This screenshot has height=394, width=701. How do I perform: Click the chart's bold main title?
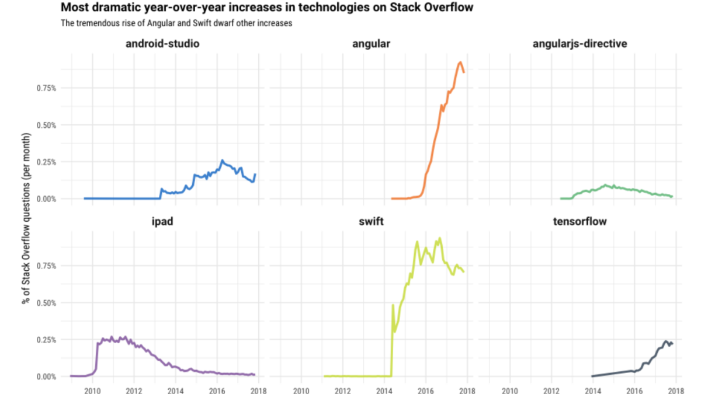266,8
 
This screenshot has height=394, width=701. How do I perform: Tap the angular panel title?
372,44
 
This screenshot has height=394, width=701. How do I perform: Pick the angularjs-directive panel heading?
580,44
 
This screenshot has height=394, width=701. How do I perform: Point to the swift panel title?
372,222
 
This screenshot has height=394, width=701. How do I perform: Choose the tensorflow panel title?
580,222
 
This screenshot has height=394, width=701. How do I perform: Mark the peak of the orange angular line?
460,62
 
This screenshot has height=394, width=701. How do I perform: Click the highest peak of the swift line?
439,238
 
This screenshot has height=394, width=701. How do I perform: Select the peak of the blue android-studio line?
222,160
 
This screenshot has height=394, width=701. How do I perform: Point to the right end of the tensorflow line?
672,343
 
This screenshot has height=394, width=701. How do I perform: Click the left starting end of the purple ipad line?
71,376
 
